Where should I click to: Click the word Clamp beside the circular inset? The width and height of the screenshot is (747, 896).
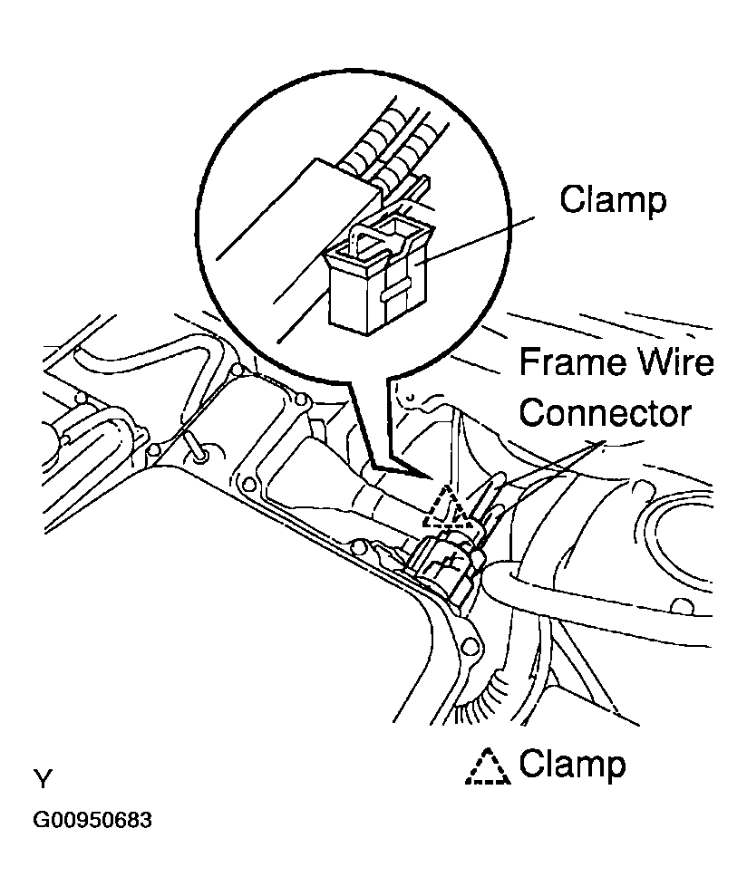(x=612, y=199)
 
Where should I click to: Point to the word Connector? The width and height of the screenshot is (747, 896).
(x=606, y=413)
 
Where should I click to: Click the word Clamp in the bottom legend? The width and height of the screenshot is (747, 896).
(x=571, y=765)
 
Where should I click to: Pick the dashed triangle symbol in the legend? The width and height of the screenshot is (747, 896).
(x=488, y=766)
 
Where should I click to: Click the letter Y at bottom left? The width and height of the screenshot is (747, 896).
(x=43, y=779)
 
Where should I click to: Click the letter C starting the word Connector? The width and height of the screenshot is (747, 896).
(x=533, y=413)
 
